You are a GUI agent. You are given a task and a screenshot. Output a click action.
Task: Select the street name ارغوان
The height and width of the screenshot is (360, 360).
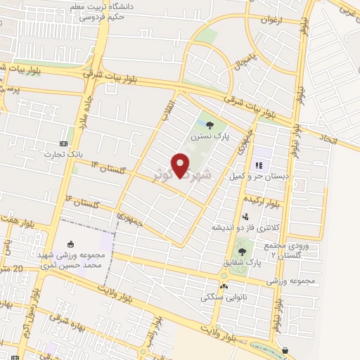coord(269,20)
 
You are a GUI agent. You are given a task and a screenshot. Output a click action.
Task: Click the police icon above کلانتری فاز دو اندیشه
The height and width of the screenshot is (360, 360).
coord(246,217)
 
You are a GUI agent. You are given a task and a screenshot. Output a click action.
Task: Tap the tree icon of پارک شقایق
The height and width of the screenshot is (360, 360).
coord(243,251)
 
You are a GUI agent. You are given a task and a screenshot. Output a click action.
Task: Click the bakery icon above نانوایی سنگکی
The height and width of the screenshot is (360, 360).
coord(224,286)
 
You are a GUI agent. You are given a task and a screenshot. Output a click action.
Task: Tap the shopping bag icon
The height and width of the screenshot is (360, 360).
coord(285,349)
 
